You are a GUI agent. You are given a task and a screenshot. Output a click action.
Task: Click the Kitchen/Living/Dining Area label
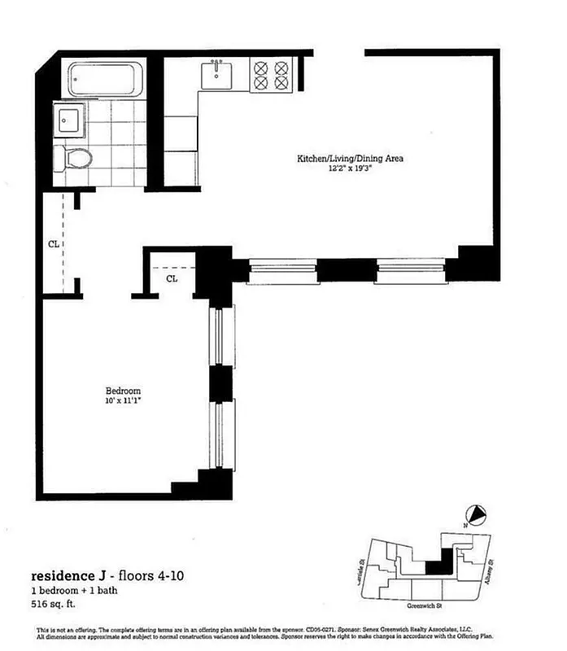350,159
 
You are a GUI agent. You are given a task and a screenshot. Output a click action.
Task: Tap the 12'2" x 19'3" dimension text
350,168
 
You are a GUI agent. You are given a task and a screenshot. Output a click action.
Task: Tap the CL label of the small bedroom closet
172,279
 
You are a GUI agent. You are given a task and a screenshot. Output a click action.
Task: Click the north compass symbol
478,514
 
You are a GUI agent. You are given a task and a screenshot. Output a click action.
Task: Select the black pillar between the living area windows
346,269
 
